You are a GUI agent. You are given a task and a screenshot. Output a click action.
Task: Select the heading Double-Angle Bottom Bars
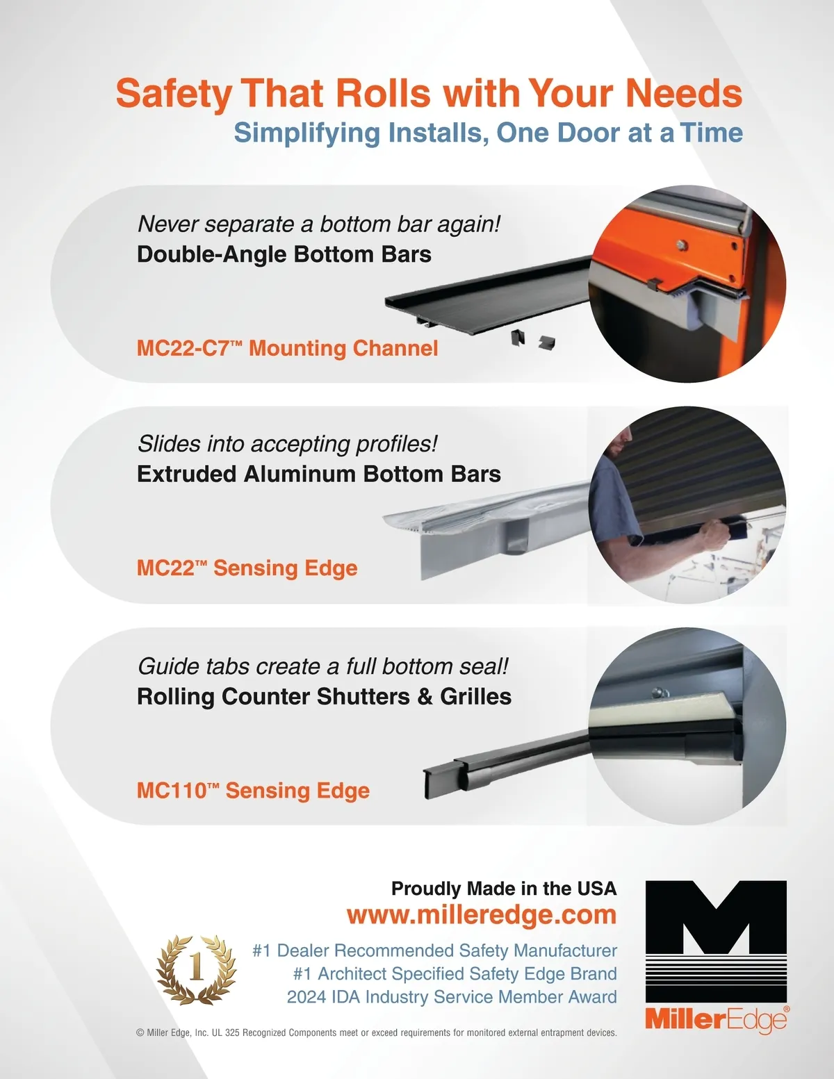[284, 254]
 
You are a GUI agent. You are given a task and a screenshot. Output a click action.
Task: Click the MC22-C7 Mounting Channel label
[287, 348]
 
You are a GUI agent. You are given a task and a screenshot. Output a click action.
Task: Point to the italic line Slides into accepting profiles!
[287, 444]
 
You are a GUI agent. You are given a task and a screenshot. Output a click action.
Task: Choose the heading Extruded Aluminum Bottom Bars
[319, 475]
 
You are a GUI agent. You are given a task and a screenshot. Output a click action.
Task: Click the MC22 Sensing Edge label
[247, 568]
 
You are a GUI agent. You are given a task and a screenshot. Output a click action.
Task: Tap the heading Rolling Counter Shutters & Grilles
[324, 697]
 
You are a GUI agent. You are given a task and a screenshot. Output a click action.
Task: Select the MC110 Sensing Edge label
[253, 791]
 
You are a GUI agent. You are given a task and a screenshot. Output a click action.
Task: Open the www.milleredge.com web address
[482, 914]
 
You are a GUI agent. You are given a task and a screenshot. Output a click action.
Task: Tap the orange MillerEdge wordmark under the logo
[717, 1020]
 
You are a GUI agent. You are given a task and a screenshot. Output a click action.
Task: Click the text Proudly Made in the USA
[504, 889]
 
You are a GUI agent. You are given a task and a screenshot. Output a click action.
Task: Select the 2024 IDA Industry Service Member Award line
[452, 997]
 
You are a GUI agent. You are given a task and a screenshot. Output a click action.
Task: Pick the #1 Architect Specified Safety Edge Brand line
[455, 973]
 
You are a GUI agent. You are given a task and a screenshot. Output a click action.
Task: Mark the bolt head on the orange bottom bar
[682, 245]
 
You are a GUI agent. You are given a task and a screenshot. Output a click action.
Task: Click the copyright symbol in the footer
[140, 1033]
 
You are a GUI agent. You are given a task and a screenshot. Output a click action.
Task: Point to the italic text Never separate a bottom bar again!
[319, 224]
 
